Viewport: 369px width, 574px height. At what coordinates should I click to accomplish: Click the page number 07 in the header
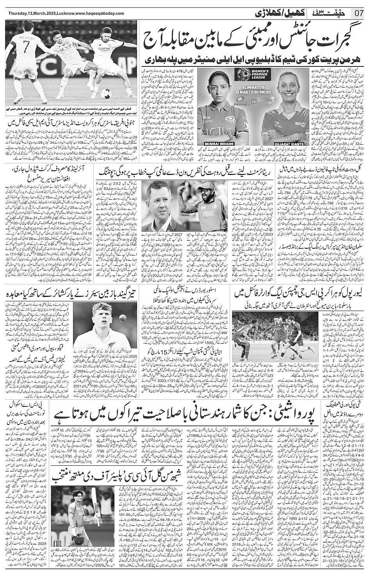(x=359, y=13)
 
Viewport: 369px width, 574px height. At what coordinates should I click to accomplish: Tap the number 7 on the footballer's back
(x=26, y=52)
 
